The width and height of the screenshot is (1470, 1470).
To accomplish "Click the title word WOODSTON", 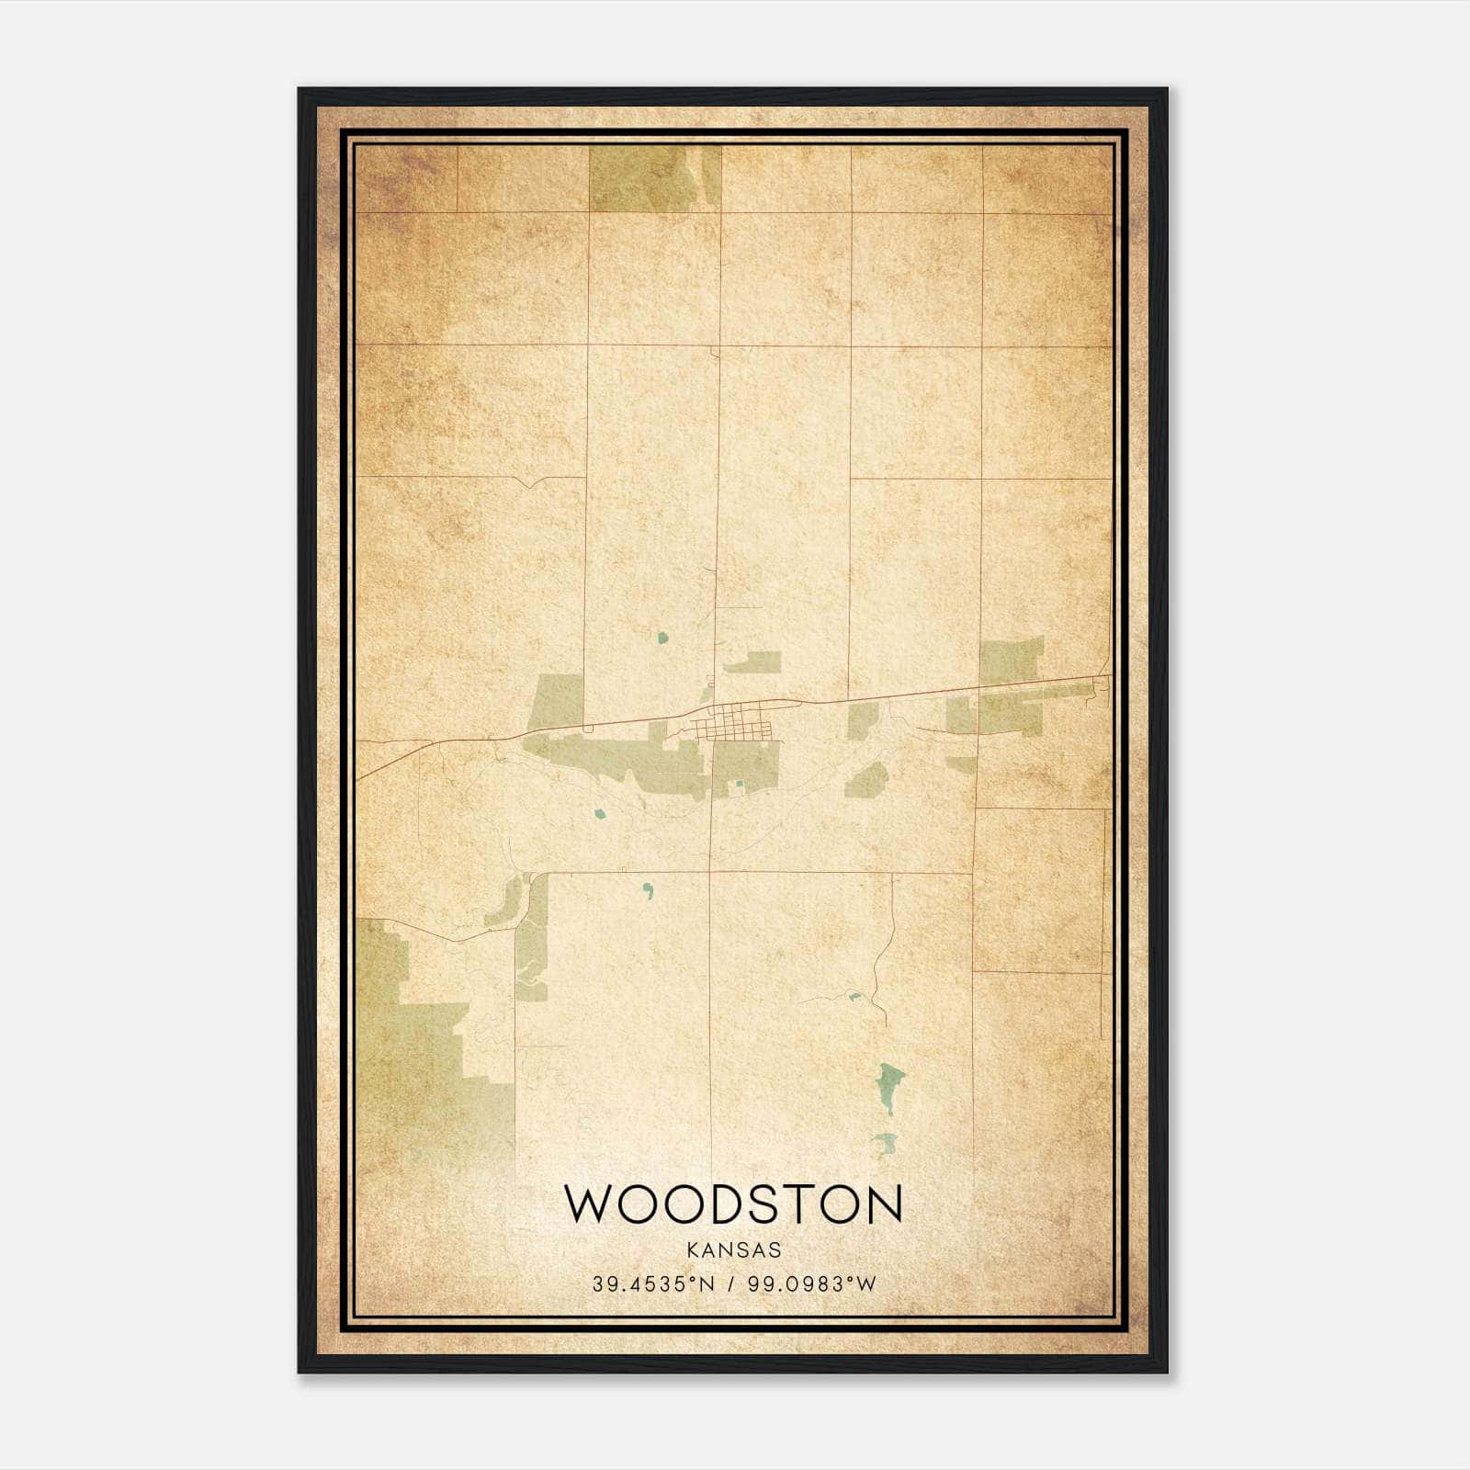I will point(733,1204).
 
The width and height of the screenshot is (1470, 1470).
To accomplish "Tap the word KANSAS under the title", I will point(733,1250).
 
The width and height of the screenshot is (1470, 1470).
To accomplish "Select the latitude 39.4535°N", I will point(652,1284).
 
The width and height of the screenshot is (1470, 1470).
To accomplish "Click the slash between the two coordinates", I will point(731,1284).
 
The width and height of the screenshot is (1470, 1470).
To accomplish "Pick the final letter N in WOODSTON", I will point(884,1204).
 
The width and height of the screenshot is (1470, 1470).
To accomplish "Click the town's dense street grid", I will point(734,722).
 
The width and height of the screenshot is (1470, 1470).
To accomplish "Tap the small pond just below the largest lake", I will point(885,1144).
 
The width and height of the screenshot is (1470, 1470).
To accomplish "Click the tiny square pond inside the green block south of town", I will point(740,784).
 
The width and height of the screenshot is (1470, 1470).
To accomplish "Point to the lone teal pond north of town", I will point(662,637).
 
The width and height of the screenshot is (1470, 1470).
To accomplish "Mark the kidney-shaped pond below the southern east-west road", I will point(649,889).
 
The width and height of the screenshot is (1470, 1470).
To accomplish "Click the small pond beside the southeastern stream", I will point(854,996).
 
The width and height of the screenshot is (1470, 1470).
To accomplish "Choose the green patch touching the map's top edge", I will point(653,178).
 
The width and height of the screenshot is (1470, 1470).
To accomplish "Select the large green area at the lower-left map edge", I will point(413,1038).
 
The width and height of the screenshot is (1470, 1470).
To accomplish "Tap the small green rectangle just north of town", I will point(752,662).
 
